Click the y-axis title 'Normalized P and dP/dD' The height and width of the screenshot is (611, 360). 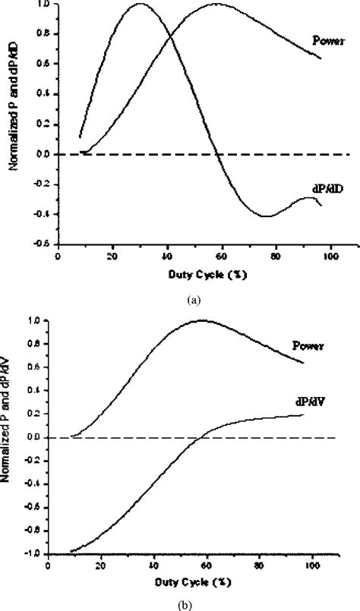point(14,121)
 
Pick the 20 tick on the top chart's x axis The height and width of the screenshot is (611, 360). point(112,255)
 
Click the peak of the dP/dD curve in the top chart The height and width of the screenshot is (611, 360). point(140,4)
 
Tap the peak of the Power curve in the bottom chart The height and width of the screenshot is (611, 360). point(202,320)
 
